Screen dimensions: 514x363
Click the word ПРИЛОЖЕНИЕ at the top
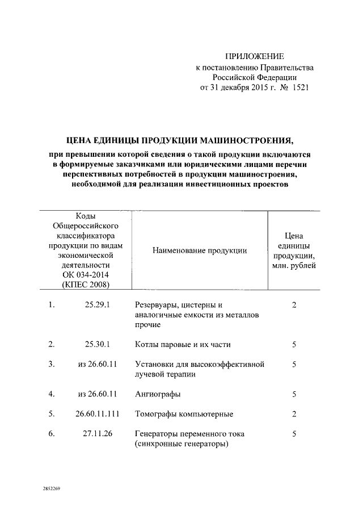coord(254,56)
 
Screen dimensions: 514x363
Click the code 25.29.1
coord(96,305)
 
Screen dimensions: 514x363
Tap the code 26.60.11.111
coord(96,413)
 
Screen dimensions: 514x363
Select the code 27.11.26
coord(96,434)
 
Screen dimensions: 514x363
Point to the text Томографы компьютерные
coord(184,414)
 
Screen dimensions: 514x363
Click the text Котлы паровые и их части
coord(183,345)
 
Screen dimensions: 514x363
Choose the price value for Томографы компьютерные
coord(294,413)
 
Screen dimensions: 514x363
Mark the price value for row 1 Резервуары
coord(294,305)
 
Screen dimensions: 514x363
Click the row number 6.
coord(52,434)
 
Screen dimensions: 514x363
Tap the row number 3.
coord(52,364)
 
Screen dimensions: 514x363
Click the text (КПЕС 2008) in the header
coord(86,285)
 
